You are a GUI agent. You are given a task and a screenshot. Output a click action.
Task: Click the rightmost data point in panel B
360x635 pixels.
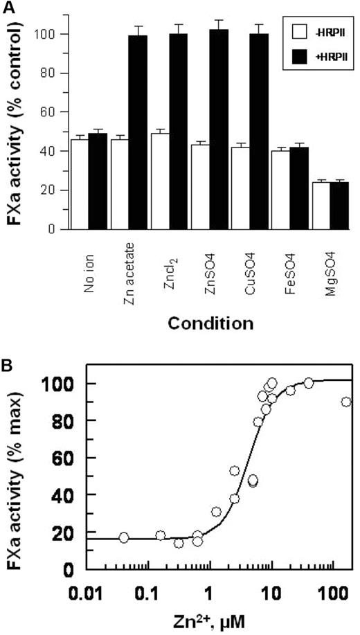click(346, 402)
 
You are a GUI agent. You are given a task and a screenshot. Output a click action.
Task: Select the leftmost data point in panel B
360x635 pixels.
click(124, 537)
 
